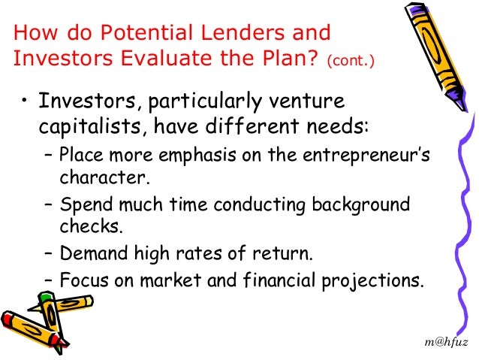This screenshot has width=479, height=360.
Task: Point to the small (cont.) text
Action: tap(349, 60)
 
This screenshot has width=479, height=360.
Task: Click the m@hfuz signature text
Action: tap(447, 342)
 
